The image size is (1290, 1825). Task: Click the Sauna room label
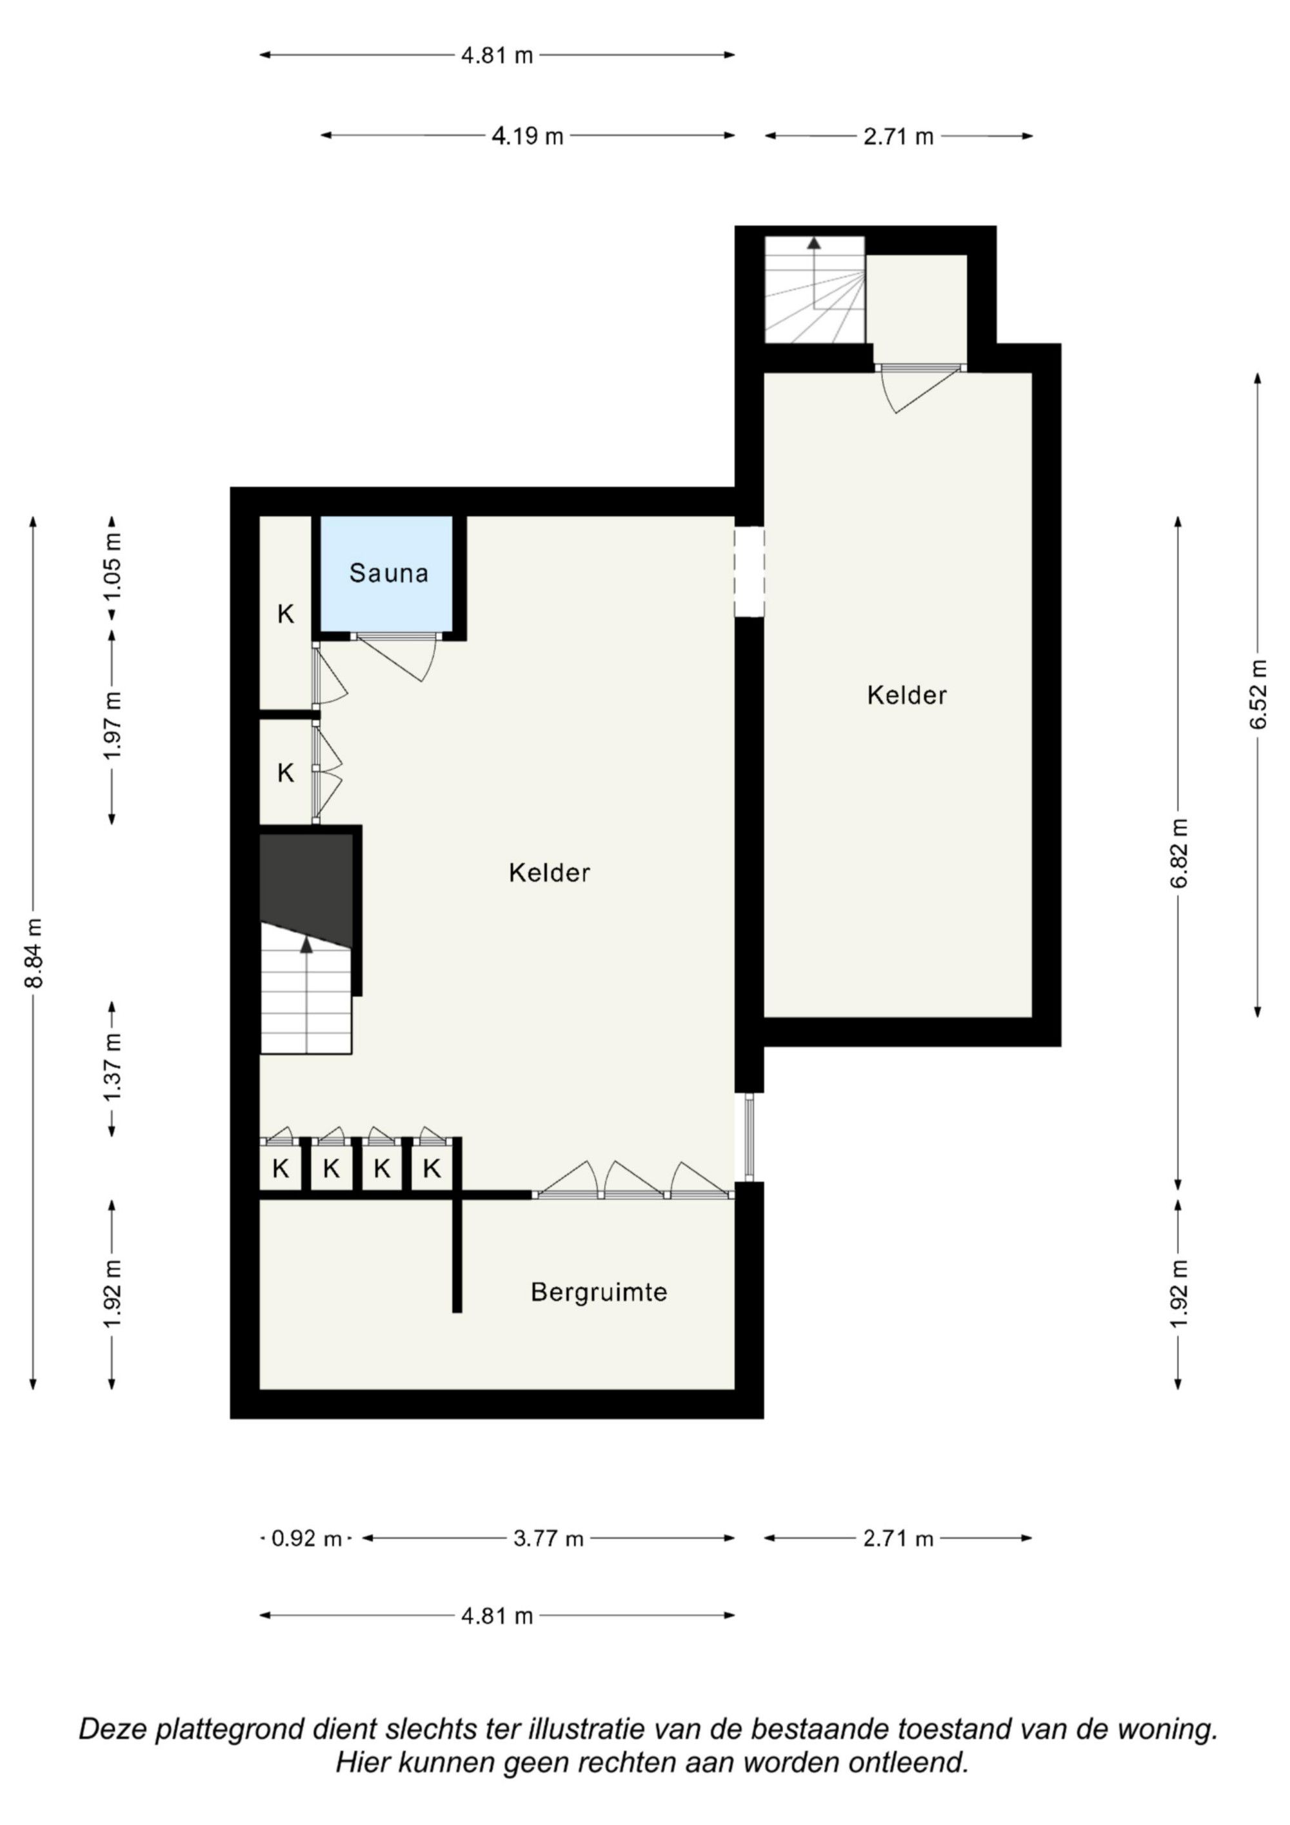pos(389,572)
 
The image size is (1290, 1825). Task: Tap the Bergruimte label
pos(599,1291)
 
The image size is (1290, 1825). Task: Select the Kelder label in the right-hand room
pos(907,695)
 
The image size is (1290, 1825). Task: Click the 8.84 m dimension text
pos(34,952)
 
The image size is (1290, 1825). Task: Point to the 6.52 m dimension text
pos(1258,695)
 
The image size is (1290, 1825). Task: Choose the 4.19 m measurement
pos(528,137)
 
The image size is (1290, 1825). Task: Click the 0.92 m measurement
pos(306,1539)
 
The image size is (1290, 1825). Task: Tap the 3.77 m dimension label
pos(548,1539)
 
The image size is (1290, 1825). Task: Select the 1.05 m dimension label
pos(113,566)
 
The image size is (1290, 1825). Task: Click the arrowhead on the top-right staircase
pos(814,243)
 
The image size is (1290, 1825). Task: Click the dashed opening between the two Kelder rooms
pos(749,572)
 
